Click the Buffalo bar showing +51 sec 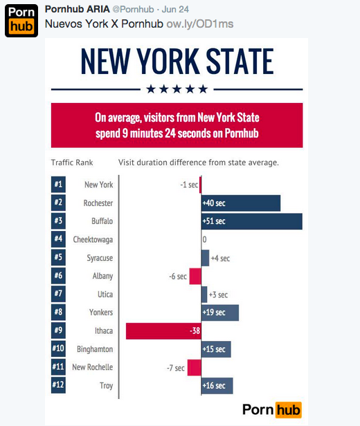(251, 221)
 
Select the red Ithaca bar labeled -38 (163, 331)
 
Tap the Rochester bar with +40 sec (240, 203)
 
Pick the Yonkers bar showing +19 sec (219, 313)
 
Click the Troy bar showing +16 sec (217, 385)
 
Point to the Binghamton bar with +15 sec (216, 349)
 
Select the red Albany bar (195, 276)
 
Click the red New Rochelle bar (194, 367)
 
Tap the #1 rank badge (58, 185)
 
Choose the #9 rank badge (58, 331)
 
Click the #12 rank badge (58, 385)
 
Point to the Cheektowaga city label (93, 240)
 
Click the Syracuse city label (98, 258)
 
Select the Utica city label (103, 295)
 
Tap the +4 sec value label (220, 258)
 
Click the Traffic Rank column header (72, 163)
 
